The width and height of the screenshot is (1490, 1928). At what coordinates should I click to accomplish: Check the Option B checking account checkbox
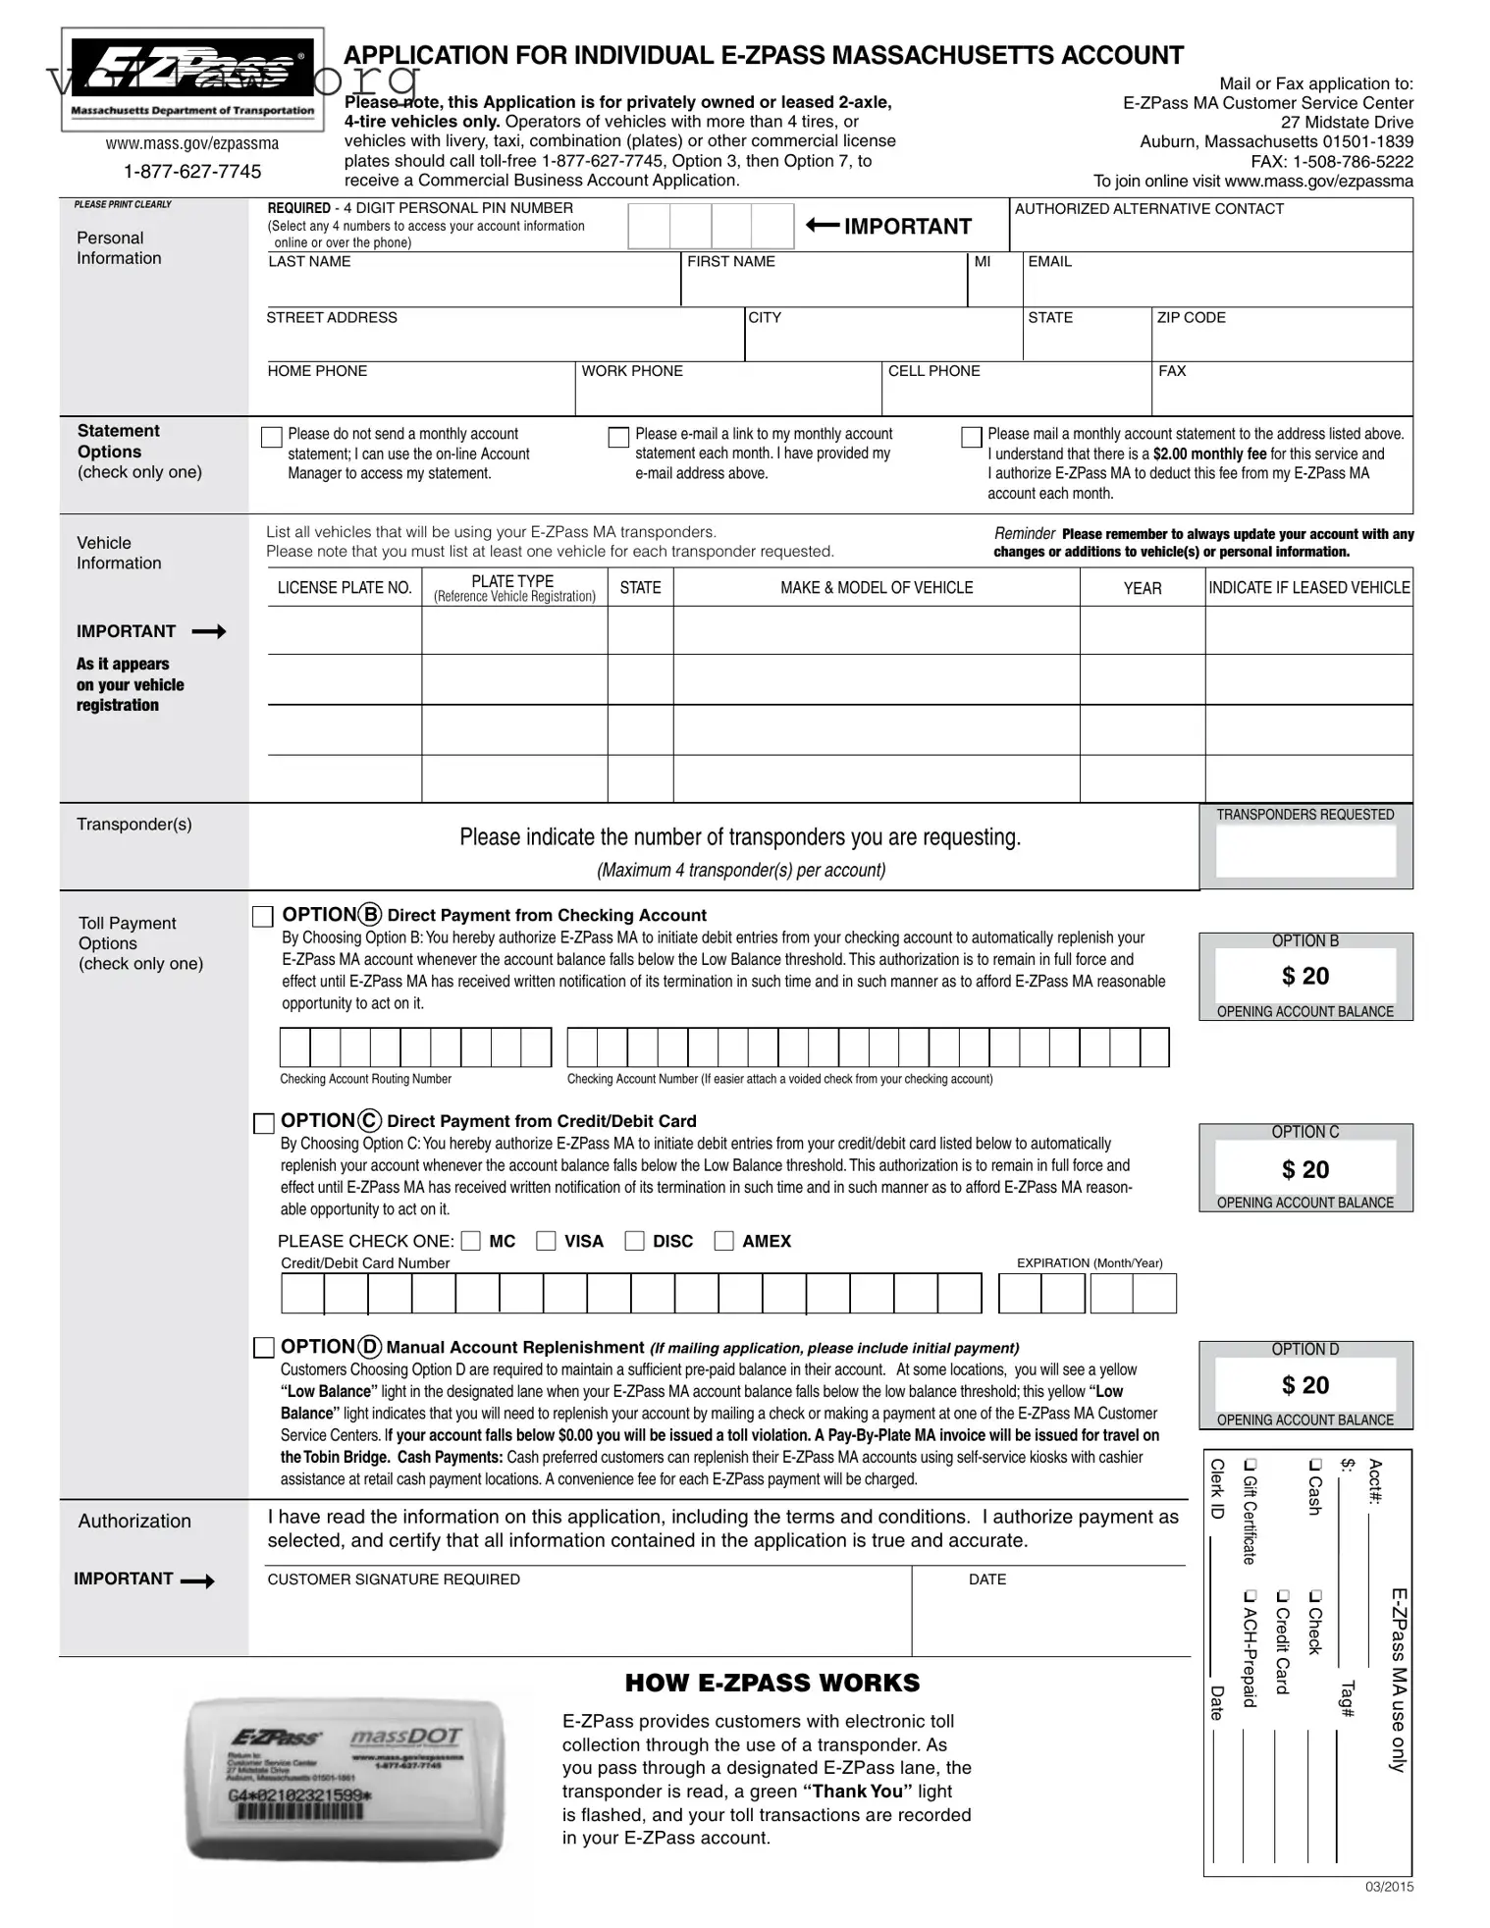[263, 917]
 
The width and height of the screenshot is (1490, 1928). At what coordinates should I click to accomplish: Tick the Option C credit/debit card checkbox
[264, 1123]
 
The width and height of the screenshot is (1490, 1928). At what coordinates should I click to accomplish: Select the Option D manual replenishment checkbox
[264, 1348]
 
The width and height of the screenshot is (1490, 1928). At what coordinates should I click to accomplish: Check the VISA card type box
[546, 1241]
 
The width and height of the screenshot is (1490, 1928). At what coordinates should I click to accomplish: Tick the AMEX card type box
[723, 1241]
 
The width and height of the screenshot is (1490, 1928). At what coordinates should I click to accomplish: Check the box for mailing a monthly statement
[971, 437]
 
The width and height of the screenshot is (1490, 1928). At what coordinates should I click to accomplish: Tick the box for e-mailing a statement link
[618, 437]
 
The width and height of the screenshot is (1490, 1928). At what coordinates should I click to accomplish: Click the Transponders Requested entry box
[1304, 851]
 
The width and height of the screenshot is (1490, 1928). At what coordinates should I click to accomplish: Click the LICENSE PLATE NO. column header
[345, 588]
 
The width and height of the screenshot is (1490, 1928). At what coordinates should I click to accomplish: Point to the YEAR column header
[1142, 588]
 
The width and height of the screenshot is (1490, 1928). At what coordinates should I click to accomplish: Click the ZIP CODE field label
[1191, 318]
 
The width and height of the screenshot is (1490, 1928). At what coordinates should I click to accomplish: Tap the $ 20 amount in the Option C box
[1304, 1169]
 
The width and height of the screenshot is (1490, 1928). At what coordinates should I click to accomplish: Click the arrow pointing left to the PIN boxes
[823, 226]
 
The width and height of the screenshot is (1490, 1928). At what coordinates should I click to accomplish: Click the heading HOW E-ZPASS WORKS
[772, 1683]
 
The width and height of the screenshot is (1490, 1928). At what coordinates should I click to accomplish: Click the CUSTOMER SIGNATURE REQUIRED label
[394, 1580]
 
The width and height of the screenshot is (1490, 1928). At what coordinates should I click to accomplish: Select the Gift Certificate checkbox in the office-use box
[1250, 1466]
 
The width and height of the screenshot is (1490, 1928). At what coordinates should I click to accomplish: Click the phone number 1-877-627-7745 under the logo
[192, 172]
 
